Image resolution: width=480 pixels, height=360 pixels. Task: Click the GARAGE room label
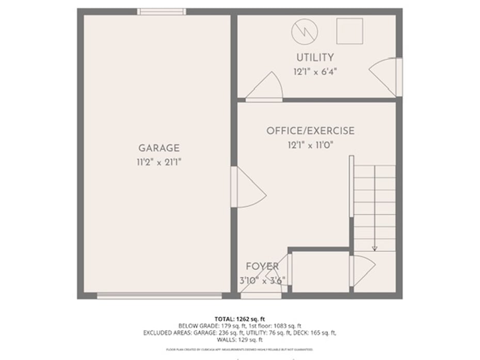[158, 148]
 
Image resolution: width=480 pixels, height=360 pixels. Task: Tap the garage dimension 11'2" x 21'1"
[159, 162]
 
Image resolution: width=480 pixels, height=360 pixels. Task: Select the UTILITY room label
[314, 57]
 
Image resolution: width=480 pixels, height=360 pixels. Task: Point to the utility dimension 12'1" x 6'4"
[314, 72]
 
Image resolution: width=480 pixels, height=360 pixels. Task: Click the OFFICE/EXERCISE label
[310, 131]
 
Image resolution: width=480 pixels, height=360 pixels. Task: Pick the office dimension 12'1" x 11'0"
[311, 145]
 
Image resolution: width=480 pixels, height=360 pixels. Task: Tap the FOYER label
[262, 267]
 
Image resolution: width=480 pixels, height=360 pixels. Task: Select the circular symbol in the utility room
[304, 32]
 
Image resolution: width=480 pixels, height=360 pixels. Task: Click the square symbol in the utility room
[349, 32]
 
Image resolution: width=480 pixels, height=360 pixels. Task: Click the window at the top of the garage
[162, 11]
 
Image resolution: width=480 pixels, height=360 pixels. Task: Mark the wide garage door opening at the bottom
[159, 296]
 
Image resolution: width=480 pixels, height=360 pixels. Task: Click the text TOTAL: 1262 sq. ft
[239, 318]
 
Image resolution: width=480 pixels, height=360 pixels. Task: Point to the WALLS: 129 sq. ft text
[239, 340]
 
